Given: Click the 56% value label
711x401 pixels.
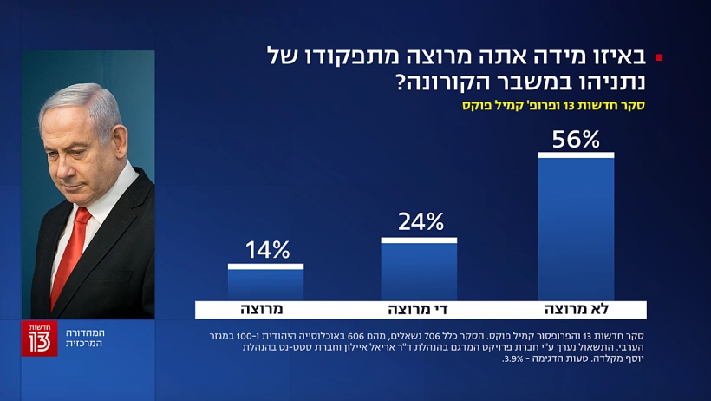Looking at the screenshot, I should point(576,139).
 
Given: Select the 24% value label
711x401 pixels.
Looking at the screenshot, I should point(419,222).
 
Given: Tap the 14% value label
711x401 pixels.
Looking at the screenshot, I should point(266,251).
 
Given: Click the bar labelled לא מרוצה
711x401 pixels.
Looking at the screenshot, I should point(576,230).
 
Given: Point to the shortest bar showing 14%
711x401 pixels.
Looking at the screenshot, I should point(266,284).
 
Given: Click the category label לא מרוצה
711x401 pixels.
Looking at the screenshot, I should point(576,309).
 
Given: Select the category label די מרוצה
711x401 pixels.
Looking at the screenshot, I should point(419,309).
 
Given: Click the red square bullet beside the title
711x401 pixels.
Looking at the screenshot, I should point(659,58).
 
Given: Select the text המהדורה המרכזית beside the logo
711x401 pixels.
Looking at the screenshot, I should point(84,338).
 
